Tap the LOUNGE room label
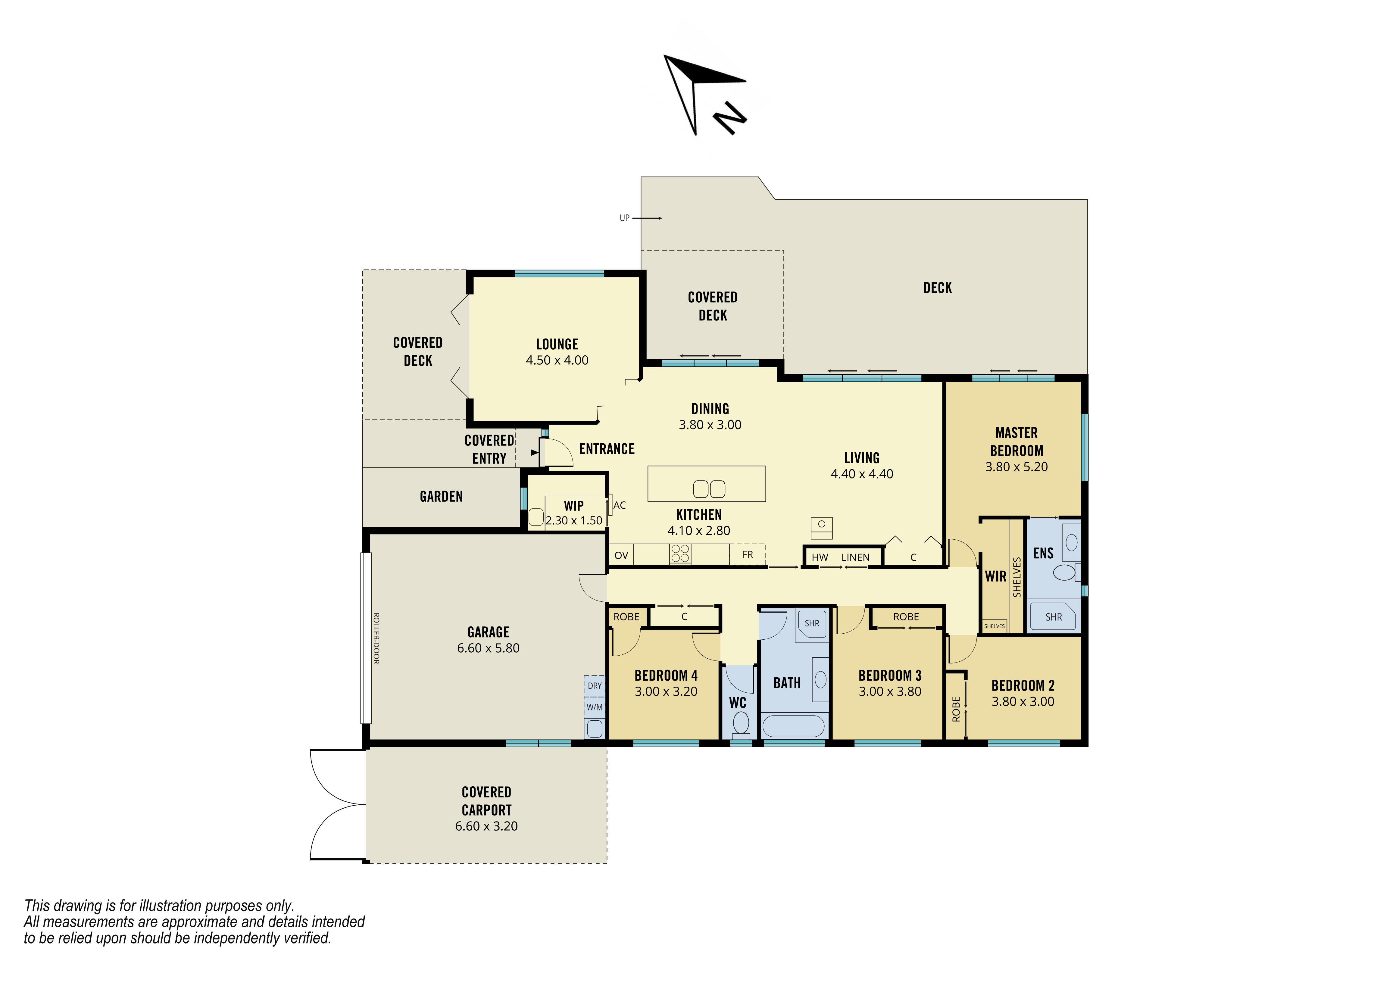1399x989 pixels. pos(557,344)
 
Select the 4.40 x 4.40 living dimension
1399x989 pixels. pos(862,474)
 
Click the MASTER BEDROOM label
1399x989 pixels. pos(1016,442)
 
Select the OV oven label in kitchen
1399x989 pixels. pos(621,555)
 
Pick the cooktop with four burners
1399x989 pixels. pos(680,553)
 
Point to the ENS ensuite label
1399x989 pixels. pos(1043,553)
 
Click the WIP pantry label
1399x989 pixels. pos(573,506)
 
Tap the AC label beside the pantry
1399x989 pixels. pos(620,505)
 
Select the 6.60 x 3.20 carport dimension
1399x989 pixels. pos(486,826)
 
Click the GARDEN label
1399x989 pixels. pos(441,497)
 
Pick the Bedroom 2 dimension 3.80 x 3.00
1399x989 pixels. pos(1023,701)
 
